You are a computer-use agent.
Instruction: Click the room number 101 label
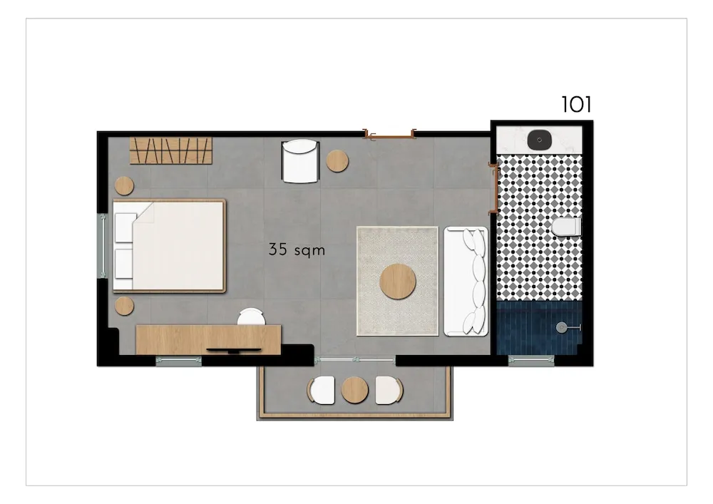[x=576, y=104]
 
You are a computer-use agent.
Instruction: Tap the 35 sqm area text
[x=297, y=250]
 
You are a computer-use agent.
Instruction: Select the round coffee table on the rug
[x=397, y=281]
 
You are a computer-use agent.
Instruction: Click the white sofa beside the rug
[x=466, y=281]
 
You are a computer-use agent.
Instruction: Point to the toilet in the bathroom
[x=567, y=227]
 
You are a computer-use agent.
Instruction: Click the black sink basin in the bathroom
[x=540, y=138]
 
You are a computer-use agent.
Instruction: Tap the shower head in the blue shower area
[x=563, y=326]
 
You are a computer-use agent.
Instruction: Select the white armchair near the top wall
[x=299, y=161]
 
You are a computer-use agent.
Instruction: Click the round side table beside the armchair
[x=337, y=161]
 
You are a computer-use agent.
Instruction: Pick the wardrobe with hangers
[x=171, y=150]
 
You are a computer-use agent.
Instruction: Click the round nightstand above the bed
[x=124, y=185]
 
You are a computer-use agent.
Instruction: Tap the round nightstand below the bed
[x=124, y=306]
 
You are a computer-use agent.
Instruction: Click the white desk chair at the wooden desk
[x=251, y=317]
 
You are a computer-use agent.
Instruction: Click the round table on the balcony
[x=354, y=389]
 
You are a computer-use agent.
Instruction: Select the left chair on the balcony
[x=322, y=389]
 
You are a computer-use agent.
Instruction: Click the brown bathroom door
[x=493, y=187]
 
